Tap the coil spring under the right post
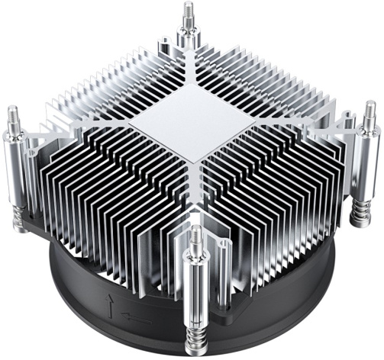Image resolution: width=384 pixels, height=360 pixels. (x=359, y=207)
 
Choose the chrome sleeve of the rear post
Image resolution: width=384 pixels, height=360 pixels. (x=187, y=38)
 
